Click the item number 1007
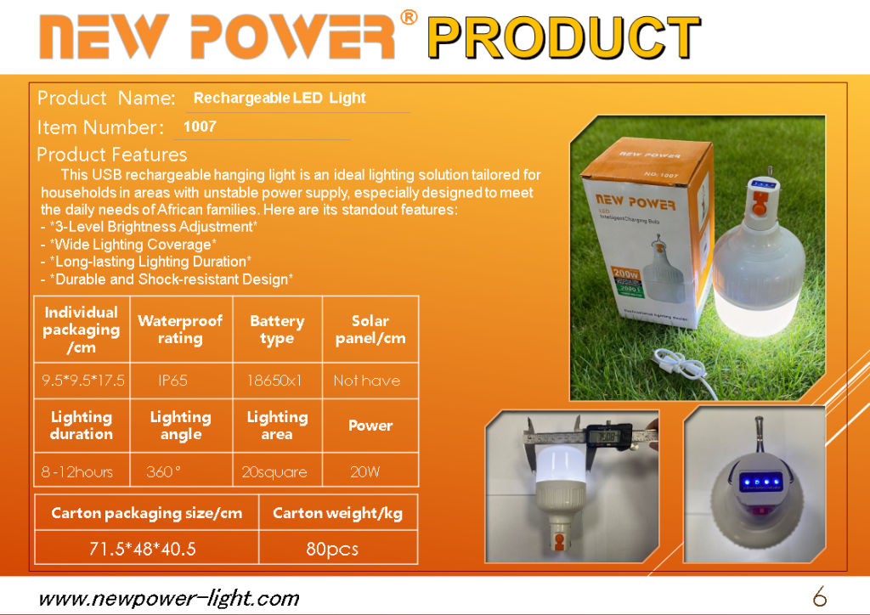[x=200, y=127]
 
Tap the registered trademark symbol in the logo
[x=409, y=17]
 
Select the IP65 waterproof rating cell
[x=172, y=381]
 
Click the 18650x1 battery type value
[x=274, y=381]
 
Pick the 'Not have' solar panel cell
[x=367, y=381]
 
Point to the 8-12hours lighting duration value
[x=76, y=472]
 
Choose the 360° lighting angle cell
[x=163, y=472]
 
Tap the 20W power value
[x=365, y=472]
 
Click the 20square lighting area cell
[x=274, y=472]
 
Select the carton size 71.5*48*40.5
[x=143, y=549]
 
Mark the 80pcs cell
[x=332, y=549]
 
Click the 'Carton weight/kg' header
[x=337, y=513]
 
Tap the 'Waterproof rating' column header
[x=180, y=330]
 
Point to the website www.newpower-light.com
[x=169, y=598]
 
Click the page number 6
[x=820, y=596]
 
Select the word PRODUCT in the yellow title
[x=564, y=37]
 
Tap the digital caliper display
[x=608, y=437]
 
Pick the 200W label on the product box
[x=625, y=273]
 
